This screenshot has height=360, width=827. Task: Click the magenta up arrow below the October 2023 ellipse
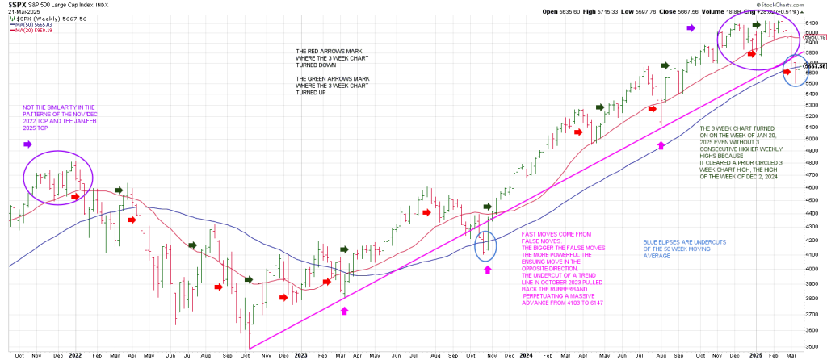coord(488,270)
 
